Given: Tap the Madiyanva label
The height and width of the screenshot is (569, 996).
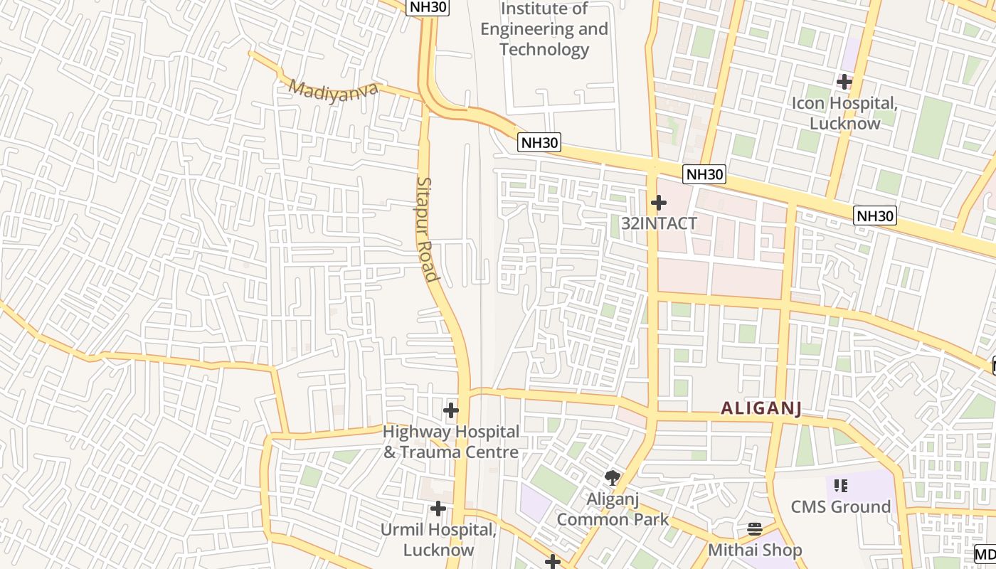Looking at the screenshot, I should (x=333, y=90).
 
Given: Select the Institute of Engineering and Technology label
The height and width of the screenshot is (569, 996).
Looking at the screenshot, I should (x=544, y=29).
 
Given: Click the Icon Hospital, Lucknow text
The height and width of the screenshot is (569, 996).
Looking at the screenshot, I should (x=845, y=112).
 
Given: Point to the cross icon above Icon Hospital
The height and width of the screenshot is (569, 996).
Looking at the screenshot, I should (x=844, y=82).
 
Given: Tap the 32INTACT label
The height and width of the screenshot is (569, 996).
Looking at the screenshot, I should (x=659, y=223).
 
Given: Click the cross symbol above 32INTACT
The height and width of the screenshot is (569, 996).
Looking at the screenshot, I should (x=659, y=203).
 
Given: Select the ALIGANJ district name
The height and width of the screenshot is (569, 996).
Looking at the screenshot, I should (x=761, y=408).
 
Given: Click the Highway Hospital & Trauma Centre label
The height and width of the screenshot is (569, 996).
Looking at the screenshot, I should (x=451, y=442).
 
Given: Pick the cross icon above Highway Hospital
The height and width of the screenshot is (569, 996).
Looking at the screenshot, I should (x=451, y=410).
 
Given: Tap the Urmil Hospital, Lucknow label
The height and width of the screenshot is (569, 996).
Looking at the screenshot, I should (x=438, y=540).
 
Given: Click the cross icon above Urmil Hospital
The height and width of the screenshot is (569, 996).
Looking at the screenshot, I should (x=438, y=509).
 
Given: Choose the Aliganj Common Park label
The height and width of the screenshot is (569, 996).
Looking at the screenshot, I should (x=613, y=509).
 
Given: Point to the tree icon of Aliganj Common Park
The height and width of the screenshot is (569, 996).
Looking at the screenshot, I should (x=612, y=477).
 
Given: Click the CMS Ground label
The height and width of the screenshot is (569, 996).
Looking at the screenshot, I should (x=840, y=507).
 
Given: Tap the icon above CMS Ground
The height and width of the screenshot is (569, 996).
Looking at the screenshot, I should (x=841, y=486).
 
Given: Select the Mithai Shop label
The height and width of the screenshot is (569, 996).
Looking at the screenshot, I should (x=754, y=550).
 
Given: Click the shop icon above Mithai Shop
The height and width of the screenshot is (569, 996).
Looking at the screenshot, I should (x=755, y=529).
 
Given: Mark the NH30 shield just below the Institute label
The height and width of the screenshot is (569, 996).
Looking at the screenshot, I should (x=539, y=142).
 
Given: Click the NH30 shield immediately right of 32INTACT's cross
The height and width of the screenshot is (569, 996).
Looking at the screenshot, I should (x=704, y=174).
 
